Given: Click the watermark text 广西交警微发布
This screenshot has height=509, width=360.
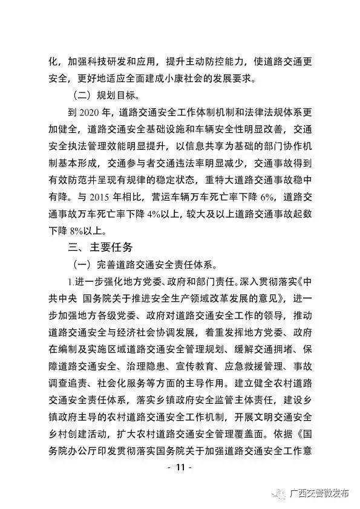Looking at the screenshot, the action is (320, 494).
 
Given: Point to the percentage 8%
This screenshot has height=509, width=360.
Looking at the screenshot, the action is (81, 230).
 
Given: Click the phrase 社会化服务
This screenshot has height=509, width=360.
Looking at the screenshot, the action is (128, 383).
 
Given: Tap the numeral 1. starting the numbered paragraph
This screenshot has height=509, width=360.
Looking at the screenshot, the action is (72, 281).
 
